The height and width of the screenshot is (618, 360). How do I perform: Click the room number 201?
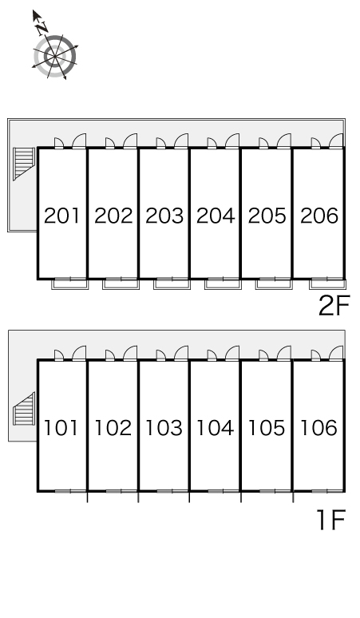coord(61,216)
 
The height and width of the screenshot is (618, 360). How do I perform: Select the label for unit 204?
coord(216,216)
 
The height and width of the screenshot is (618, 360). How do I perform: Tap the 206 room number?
coord(319,216)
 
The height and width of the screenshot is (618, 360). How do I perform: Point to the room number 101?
coord(61,428)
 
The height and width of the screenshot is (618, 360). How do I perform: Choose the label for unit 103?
coord(164,428)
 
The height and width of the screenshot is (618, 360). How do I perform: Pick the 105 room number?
coord(267,428)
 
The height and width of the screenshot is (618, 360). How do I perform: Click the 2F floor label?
coord(334,307)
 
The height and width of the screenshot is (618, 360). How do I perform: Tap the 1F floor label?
coord(331,520)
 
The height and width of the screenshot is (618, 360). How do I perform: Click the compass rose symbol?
coord(55,57)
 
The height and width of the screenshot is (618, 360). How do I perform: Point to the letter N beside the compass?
coord(42,28)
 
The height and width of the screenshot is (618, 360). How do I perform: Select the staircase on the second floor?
coord(24,164)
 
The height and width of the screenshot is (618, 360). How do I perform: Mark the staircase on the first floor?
coord(24,409)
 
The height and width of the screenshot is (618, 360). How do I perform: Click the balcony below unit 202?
coord(121,283)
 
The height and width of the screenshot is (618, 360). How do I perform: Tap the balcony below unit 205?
coord(274,283)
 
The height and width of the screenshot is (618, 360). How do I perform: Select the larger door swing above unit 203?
coord(181,141)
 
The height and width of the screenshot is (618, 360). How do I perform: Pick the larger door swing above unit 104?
coord(232,353)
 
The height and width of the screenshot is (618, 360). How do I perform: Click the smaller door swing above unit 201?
coord(59,143)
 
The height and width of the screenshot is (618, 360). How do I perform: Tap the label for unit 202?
coord(113,216)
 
